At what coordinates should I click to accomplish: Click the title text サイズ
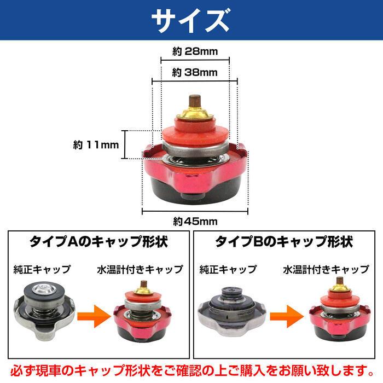(191, 20)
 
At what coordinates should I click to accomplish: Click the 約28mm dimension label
(195, 52)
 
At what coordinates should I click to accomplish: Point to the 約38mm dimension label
(195, 72)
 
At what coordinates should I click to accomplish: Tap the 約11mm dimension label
(96, 145)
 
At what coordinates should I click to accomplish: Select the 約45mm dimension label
(195, 222)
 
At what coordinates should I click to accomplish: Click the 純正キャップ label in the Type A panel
(42, 269)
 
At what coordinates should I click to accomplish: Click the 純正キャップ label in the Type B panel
(228, 269)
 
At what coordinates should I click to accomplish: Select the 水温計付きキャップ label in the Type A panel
(140, 269)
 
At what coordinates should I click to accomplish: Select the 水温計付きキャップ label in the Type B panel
(326, 269)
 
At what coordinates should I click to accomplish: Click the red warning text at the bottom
(191, 371)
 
